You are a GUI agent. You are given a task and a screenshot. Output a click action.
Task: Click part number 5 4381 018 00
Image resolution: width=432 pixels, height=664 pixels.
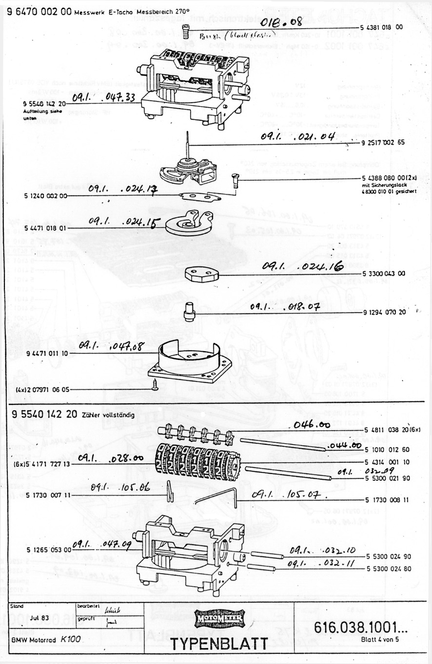[382, 28]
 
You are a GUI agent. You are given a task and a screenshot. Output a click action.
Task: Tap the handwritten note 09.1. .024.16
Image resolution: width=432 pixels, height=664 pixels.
[302, 266]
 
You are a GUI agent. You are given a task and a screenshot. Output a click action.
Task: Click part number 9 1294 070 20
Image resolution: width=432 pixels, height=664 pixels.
[384, 312]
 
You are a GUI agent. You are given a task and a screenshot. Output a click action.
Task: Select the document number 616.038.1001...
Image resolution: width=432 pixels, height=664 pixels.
[361, 628]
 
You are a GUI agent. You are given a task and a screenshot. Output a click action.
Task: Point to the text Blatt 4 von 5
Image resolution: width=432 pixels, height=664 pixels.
[380, 640]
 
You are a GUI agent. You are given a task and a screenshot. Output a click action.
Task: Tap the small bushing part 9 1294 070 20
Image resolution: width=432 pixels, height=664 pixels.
[189, 310]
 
